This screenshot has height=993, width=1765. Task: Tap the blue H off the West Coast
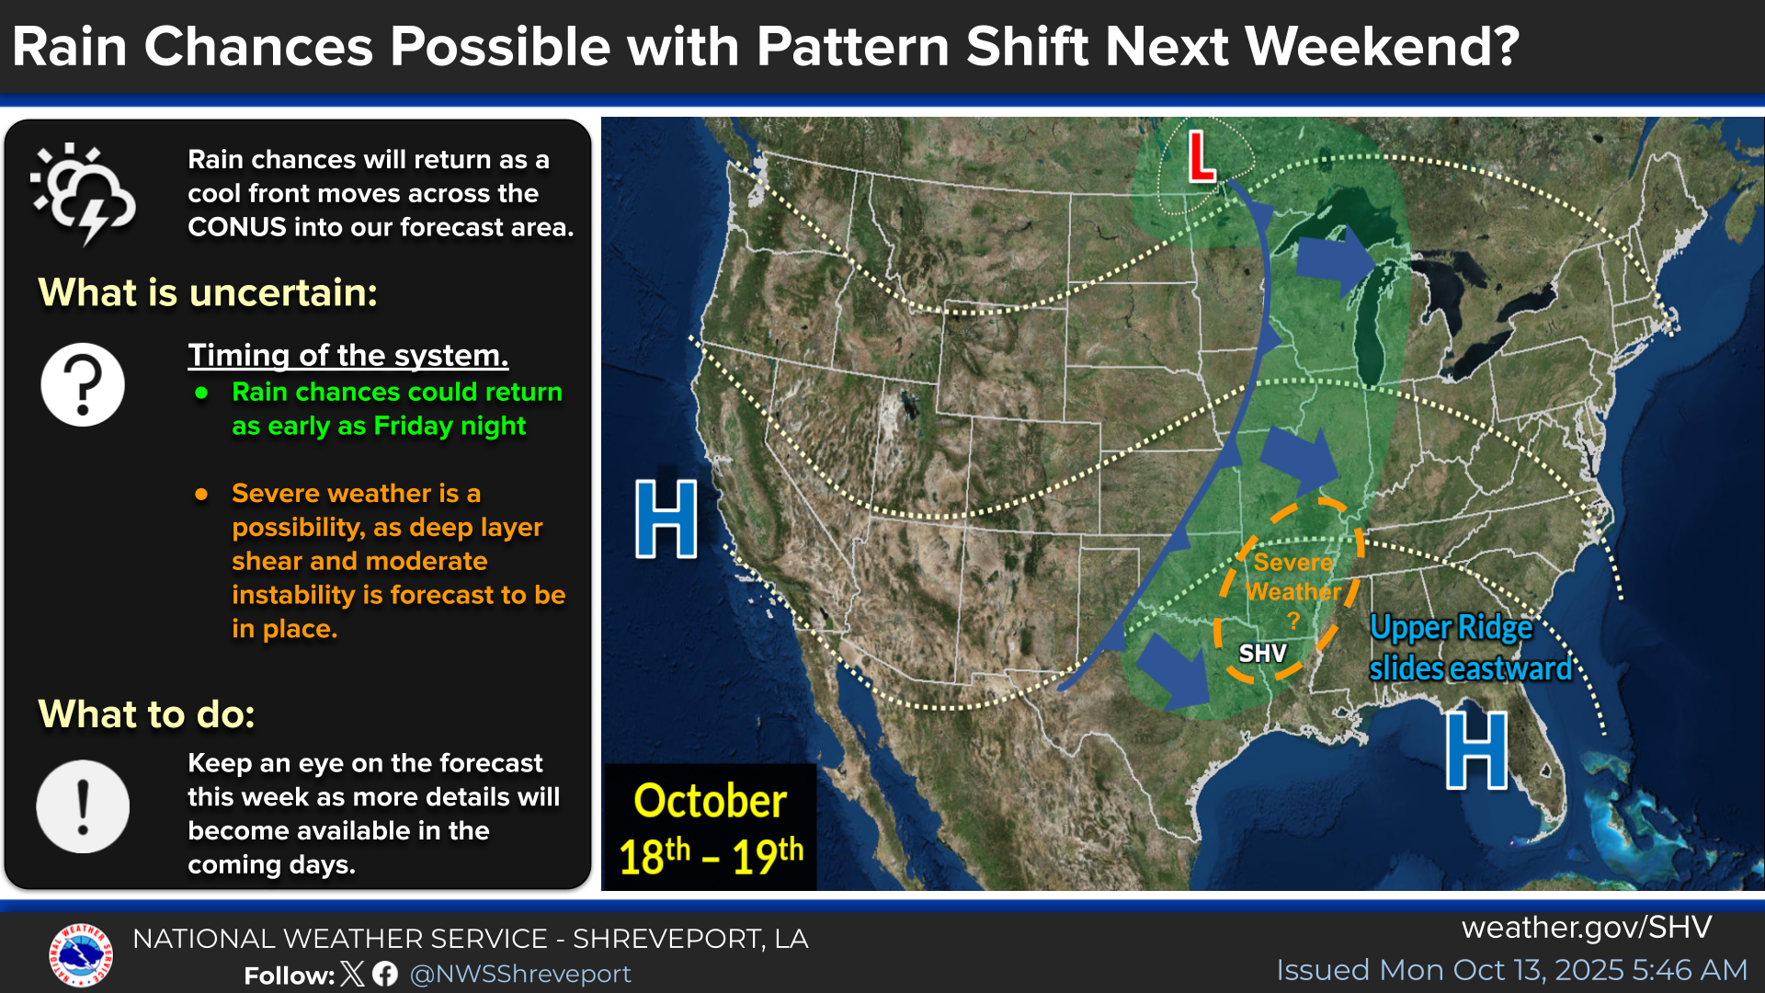coord(666,519)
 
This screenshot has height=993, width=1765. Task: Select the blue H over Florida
coord(1477,750)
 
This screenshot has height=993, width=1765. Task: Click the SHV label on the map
coord(1262,654)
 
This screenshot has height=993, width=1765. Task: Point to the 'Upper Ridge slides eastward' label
coord(1471,648)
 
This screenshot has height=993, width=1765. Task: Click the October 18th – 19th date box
coord(710,827)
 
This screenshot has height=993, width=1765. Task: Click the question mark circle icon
coord(83,384)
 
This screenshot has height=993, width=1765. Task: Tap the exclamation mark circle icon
coord(83,806)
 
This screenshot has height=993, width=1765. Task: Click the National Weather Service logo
coord(81,955)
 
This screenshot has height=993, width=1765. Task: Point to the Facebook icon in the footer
coord(385,974)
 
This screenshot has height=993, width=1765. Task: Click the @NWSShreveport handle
coord(520,974)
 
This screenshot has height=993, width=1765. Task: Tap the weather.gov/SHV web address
coord(1587,927)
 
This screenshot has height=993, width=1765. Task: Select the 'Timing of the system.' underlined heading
coord(348,355)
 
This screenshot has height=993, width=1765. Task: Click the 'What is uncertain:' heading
coord(208,292)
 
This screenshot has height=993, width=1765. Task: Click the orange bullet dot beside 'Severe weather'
coord(201,495)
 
